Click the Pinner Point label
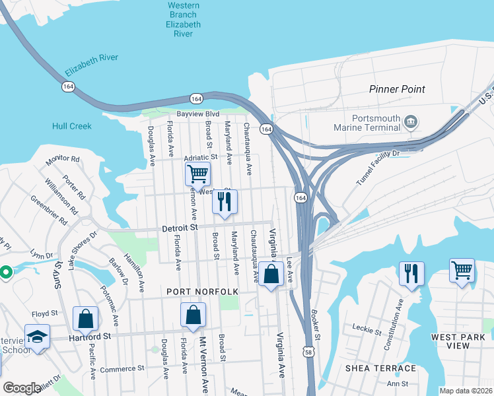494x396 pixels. pyautogui.click(x=397, y=89)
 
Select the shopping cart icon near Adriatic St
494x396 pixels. pyautogui.click(x=197, y=176)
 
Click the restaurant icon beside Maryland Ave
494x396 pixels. pyautogui.click(x=225, y=202)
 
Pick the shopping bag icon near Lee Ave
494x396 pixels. pyautogui.click(x=271, y=274)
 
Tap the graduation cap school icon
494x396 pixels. pyautogui.click(x=38, y=337)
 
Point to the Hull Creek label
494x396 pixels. pyautogui.click(x=71, y=125)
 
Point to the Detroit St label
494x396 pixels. pyautogui.click(x=180, y=228)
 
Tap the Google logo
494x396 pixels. pyautogui.click(x=21, y=388)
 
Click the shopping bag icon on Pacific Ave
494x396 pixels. pyautogui.click(x=87, y=319)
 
